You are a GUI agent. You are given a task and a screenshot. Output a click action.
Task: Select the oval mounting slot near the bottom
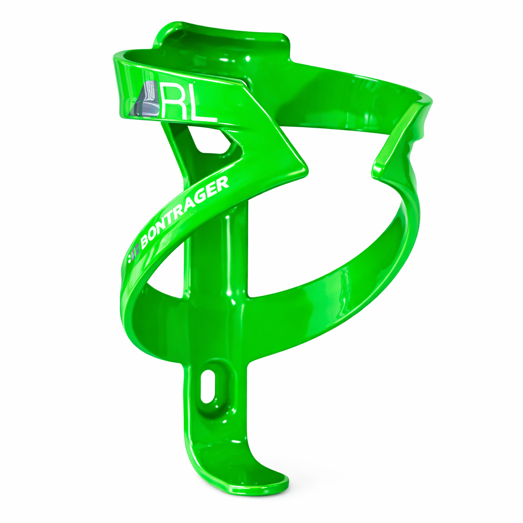pos(208,387)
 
